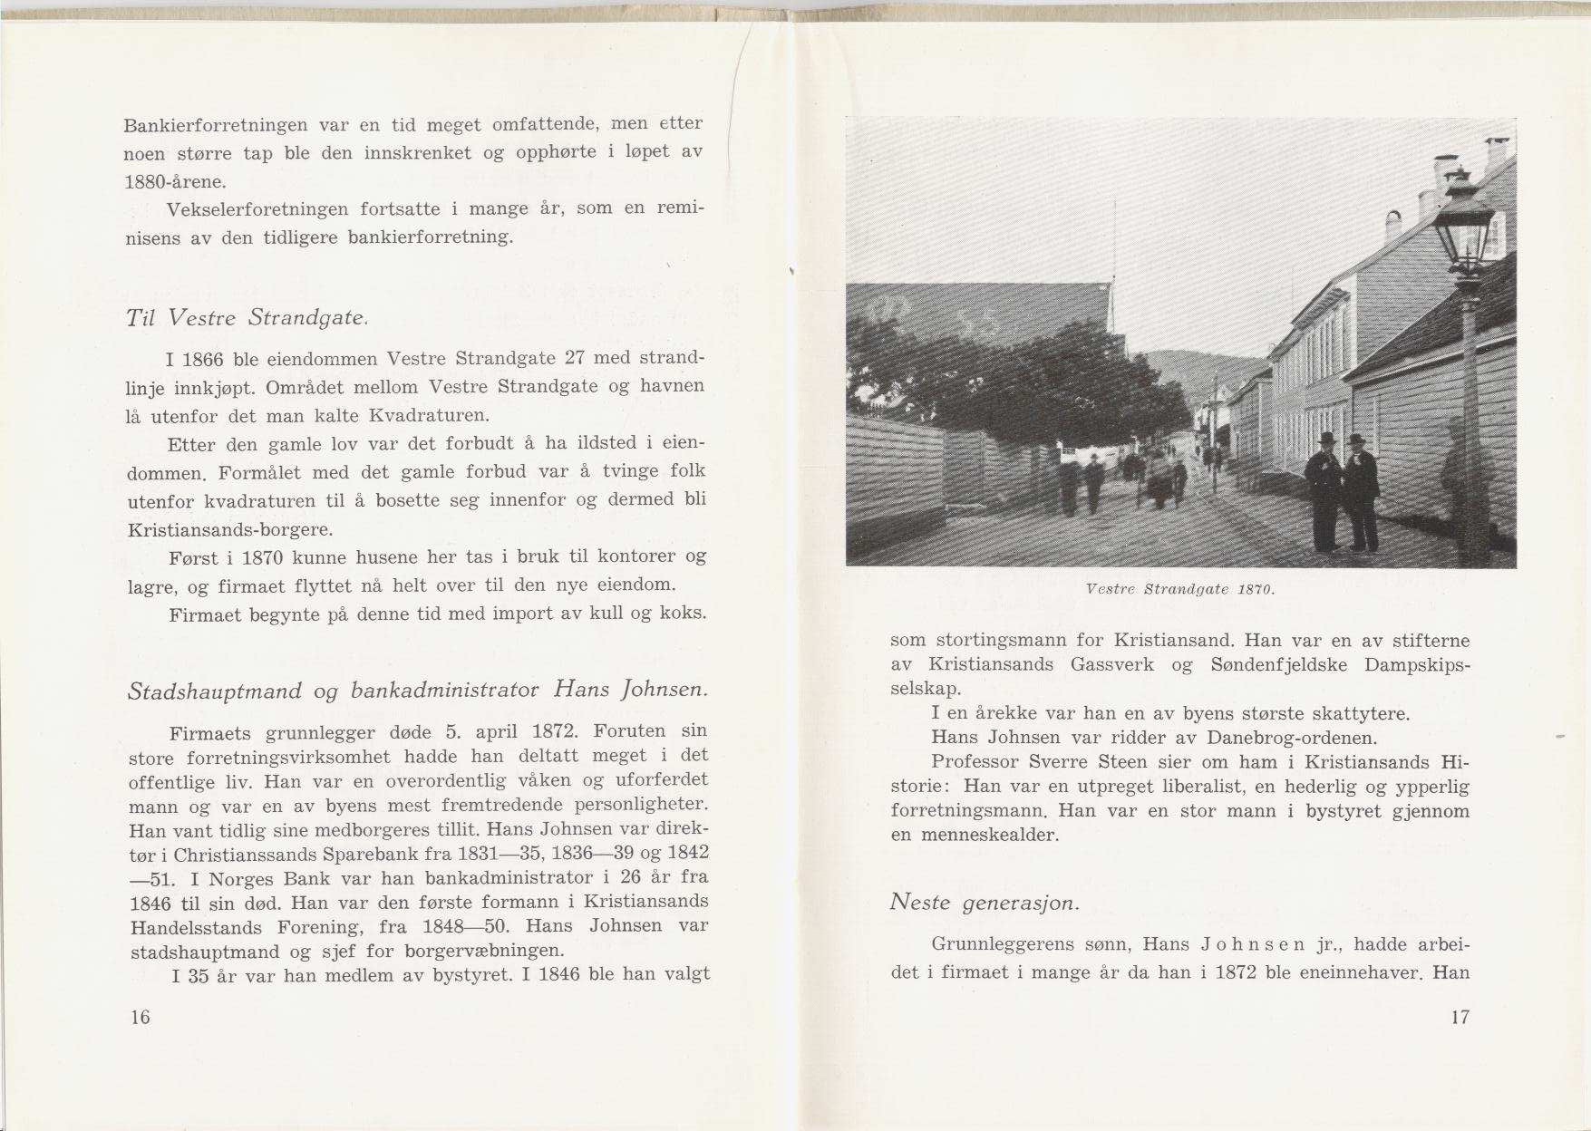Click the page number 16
pos(140,1017)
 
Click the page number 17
pos(1460,1017)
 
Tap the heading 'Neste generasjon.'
pos(985,903)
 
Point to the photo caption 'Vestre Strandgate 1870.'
pos(1180,589)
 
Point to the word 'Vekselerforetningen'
pos(257,210)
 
